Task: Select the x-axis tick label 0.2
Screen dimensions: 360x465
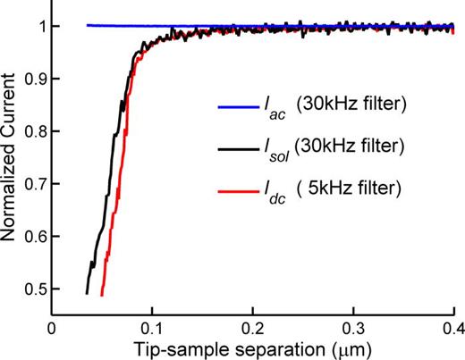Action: (253, 327)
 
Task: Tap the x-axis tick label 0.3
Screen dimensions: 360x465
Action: (354, 327)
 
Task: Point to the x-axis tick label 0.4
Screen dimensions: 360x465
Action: (452, 327)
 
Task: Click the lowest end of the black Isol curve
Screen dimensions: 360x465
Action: (87, 293)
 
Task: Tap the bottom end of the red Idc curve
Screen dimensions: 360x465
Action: (103, 295)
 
